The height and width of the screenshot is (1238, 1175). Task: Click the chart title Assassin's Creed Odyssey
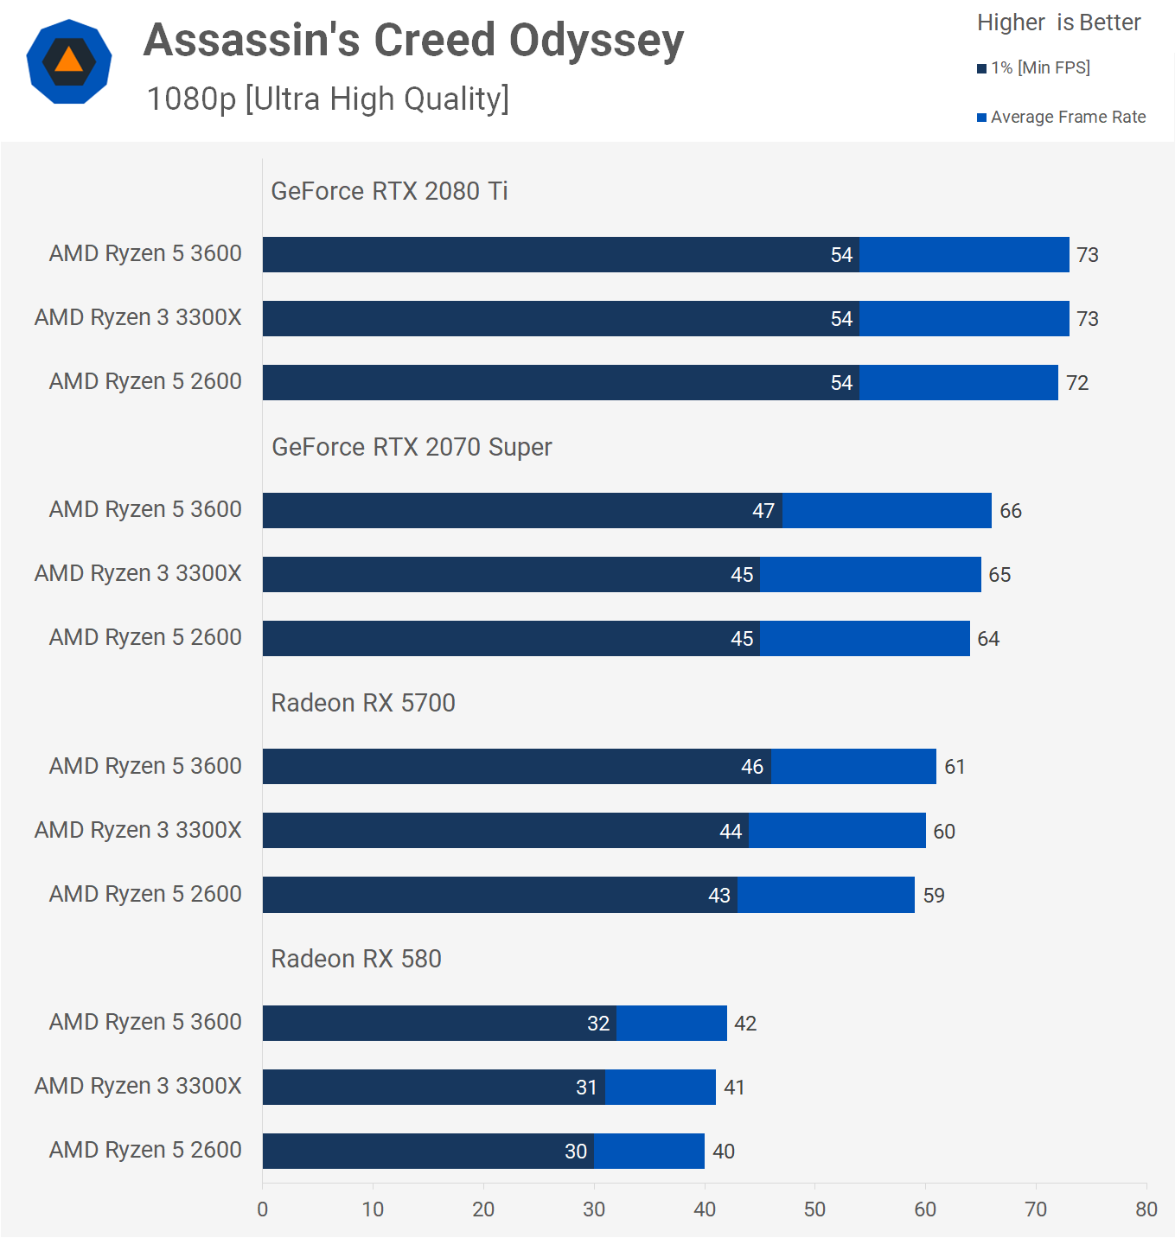(x=413, y=41)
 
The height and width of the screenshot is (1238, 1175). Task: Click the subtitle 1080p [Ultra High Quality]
(x=328, y=99)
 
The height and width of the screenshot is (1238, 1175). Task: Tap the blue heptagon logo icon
(x=69, y=61)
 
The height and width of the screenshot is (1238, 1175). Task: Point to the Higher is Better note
(x=1058, y=22)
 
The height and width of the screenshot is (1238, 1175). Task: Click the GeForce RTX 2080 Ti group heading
(x=389, y=191)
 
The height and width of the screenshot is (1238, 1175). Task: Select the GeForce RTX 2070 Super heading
(x=412, y=447)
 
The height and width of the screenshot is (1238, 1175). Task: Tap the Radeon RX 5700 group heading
(x=363, y=703)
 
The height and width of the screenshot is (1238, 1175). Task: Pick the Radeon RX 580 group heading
(x=356, y=959)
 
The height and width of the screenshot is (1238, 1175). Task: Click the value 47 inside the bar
(x=763, y=511)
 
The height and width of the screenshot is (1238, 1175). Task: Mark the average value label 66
(x=1011, y=511)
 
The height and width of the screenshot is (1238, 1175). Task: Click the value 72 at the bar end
(x=1077, y=383)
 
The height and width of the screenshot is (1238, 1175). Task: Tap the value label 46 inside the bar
(x=752, y=767)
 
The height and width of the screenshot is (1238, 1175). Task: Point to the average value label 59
(x=934, y=896)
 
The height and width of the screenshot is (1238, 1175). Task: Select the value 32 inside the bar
(x=598, y=1024)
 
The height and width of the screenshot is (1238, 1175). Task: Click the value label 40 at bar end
(x=724, y=1152)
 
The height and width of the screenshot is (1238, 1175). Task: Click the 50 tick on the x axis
(x=814, y=1209)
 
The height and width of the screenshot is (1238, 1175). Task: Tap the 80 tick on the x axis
(x=1146, y=1209)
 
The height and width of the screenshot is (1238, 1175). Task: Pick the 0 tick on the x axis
(x=263, y=1209)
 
